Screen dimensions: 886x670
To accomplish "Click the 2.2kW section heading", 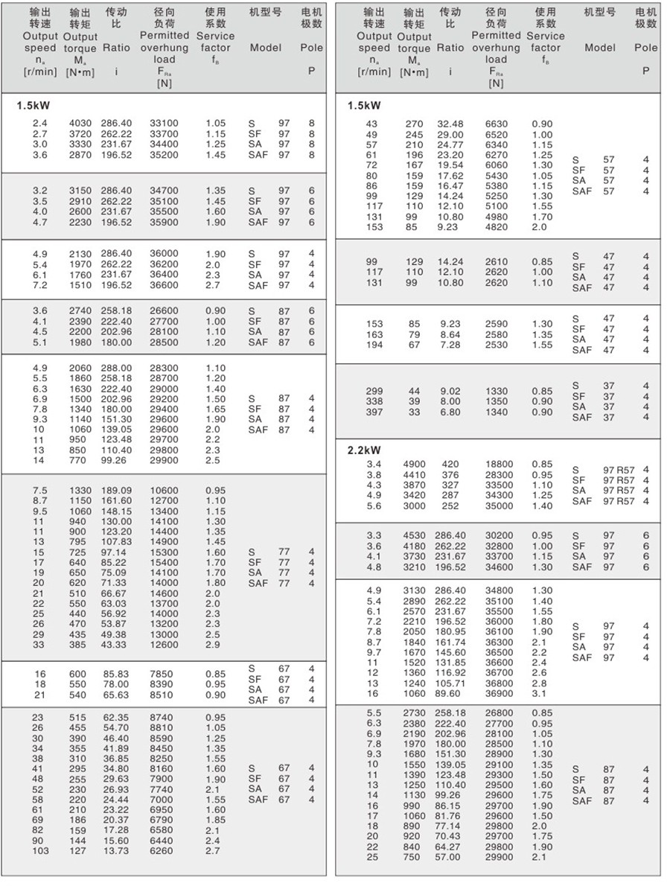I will click(364, 450).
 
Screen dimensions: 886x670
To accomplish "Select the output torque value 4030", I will click(80, 123).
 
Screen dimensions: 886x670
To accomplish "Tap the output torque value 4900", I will click(414, 465).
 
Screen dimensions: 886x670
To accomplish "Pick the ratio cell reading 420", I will click(450, 465).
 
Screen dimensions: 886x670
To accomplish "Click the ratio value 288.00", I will click(116, 368).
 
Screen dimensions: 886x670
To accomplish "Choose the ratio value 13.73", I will click(116, 851).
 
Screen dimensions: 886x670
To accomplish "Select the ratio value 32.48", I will click(450, 124).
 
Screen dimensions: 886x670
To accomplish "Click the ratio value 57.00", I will click(450, 857).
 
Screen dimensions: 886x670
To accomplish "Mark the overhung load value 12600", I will click(165, 645).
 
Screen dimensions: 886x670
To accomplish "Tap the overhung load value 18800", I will click(499, 465).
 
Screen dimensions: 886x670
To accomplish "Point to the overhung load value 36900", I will click(499, 694).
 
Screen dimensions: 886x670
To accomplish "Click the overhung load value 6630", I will click(499, 124).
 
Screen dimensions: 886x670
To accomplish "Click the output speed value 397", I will click(374, 412).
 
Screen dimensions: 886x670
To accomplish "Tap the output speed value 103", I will click(40, 851).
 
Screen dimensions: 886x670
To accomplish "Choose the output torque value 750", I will click(414, 857).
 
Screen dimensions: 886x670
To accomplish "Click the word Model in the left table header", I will click(265, 48).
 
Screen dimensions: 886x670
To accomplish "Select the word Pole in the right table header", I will click(645, 48).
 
